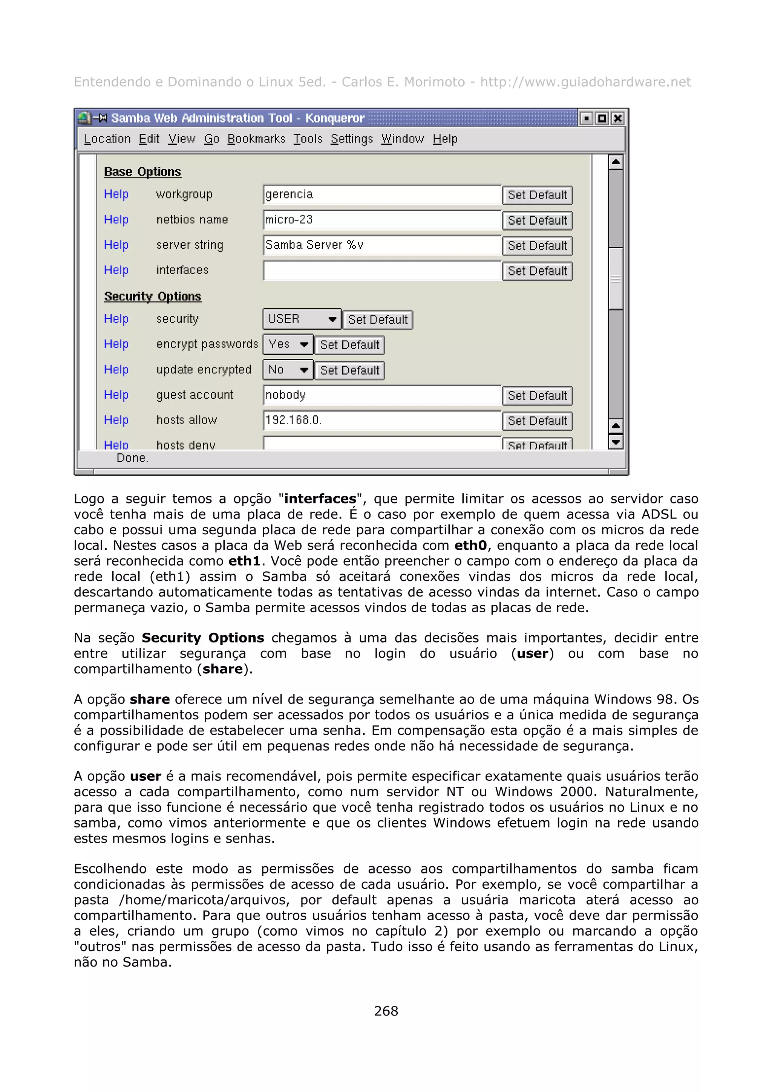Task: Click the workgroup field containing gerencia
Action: tap(381, 194)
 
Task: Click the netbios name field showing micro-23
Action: tap(381, 220)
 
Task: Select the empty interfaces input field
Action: tap(381, 271)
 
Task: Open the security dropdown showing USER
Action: tap(302, 319)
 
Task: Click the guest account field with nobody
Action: tap(381, 395)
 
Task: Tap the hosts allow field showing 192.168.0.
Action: tap(381, 421)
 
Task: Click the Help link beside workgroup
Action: tap(116, 194)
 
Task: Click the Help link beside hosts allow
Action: tap(116, 421)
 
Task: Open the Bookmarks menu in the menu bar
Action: tap(256, 139)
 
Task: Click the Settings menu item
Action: tap(352, 139)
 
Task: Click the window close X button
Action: tap(617, 118)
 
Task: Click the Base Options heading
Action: tap(142, 172)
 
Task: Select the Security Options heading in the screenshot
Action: tap(153, 296)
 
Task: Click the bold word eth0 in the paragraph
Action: tap(470, 546)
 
